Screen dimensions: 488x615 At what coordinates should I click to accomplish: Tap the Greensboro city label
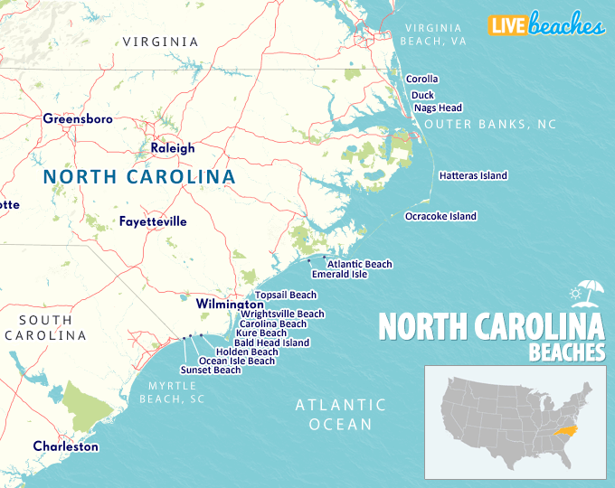pos(78,118)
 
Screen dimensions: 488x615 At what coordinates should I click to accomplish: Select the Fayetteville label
pos(153,221)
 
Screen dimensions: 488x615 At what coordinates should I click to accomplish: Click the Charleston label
pos(66,446)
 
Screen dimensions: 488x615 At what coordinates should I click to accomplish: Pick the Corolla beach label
pos(421,80)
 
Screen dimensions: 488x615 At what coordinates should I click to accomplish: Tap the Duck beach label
pos(422,95)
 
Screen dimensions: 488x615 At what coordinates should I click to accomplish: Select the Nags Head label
pos(438,108)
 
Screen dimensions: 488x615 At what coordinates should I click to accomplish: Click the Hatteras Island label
pos(473,176)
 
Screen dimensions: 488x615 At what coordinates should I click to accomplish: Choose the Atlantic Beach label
pos(359,264)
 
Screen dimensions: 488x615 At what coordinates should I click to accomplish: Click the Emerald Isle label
pos(339,274)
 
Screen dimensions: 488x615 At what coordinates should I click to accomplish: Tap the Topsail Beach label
pos(286,295)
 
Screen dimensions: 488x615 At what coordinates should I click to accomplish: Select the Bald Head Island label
pos(271,343)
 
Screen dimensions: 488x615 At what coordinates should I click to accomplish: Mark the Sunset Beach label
pos(211,370)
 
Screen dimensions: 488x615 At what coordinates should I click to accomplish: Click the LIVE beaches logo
pos(546,26)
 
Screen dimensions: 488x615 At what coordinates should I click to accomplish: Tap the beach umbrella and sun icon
pos(586,293)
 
